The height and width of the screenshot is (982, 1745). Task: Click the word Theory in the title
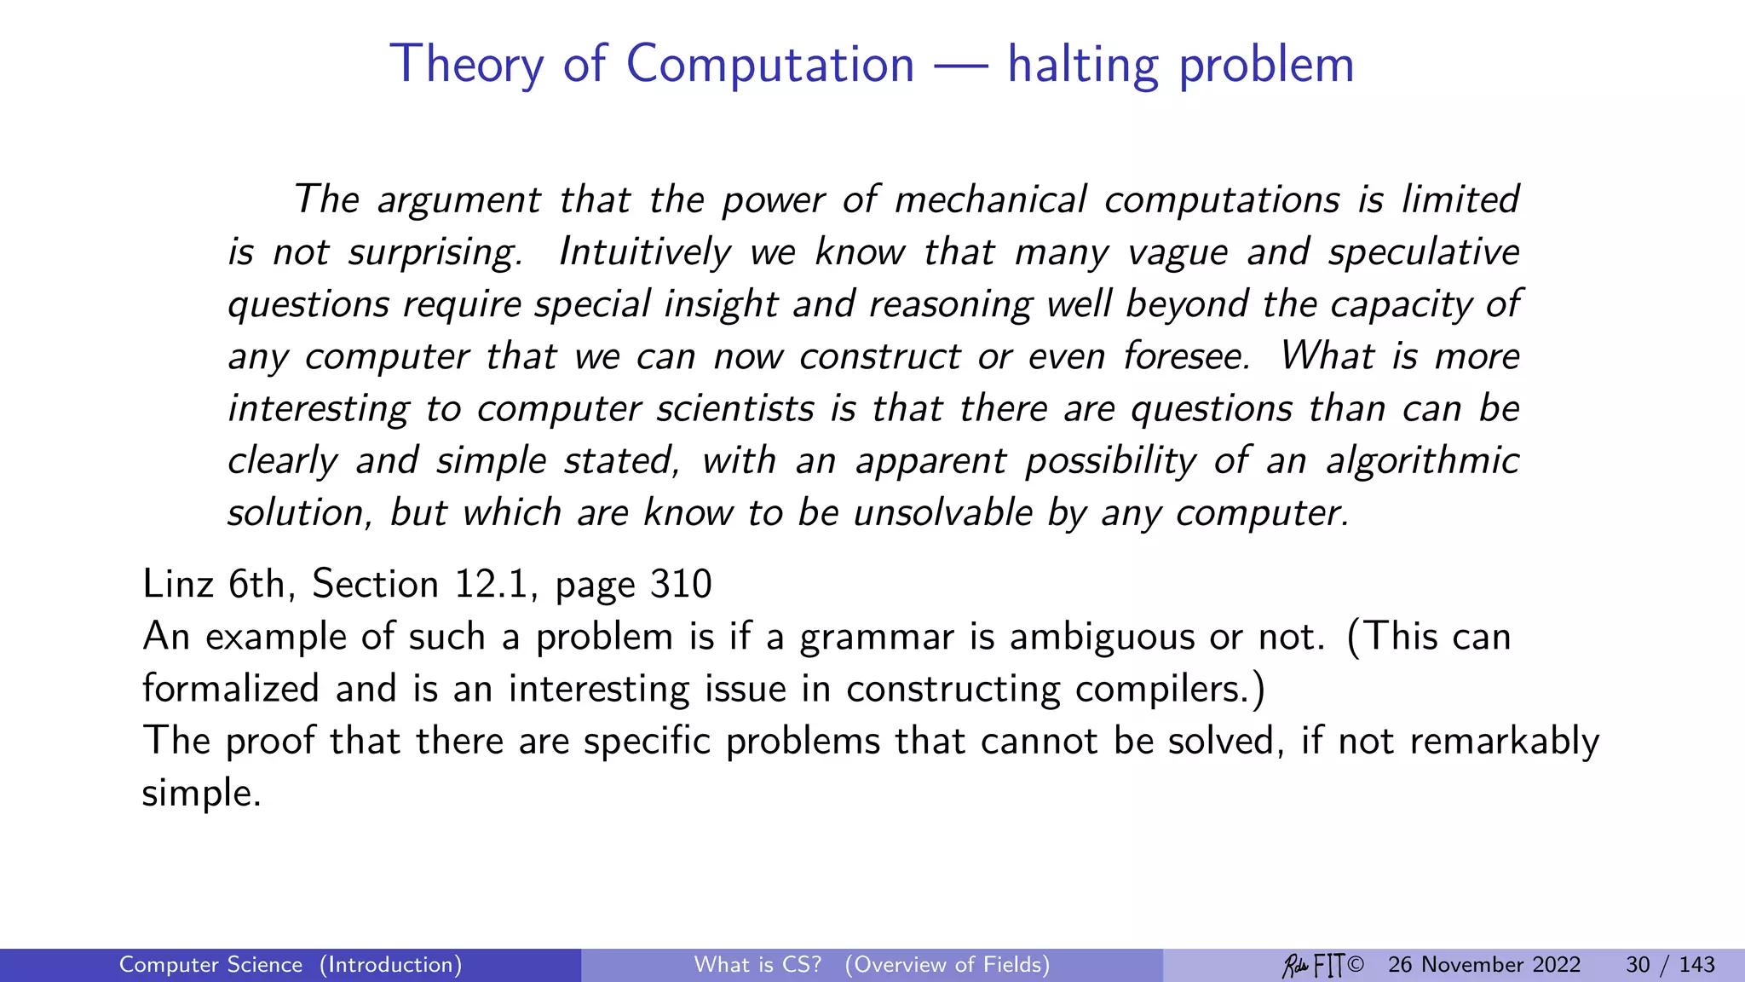[x=466, y=65]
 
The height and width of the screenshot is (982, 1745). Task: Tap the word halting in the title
[x=1082, y=65]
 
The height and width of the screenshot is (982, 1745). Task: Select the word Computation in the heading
[x=770, y=65]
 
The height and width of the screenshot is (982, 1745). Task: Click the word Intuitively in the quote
[x=645, y=252]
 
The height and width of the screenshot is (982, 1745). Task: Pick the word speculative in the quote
[x=1423, y=252]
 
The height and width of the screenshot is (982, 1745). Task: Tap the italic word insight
[x=721, y=304]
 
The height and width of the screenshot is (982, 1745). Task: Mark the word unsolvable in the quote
[x=943, y=512]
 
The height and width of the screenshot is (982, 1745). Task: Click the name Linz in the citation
[x=177, y=584]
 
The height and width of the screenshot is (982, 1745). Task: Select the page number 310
[x=681, y=584]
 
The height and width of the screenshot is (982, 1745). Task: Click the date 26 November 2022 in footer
[x=1484, y=965]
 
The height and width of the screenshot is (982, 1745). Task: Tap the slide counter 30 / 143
[x=1670, y=965]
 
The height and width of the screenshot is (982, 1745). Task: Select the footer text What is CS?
[x=757, y=965]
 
